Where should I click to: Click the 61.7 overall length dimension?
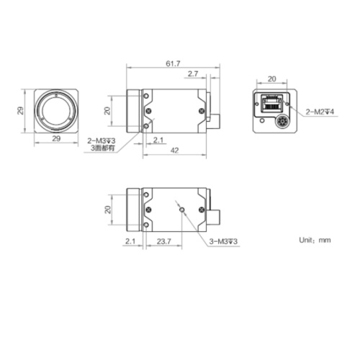(x=173, y=64)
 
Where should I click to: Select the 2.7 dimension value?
(x=192, y=74)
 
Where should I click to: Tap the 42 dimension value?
(x=175, y=150)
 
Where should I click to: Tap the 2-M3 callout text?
(x=101, y=140)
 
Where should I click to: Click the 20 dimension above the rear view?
(x=271, y=78)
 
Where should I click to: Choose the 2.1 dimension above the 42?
(x=159, y=140)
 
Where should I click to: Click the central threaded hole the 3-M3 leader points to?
(x=183, y=210)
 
